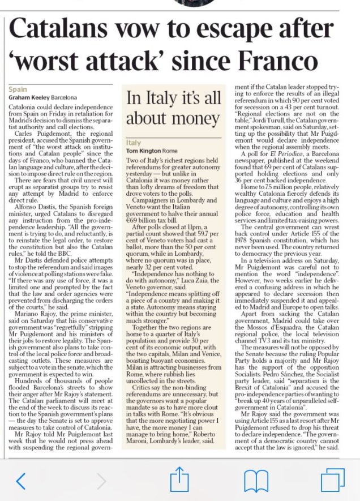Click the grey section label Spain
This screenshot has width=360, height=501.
pyautogui.click(x=18, y=89)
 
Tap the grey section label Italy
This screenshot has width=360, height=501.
pyautogui.click(x=134, y=143)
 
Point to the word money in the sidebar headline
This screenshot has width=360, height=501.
pyautogui.click(x=187, y=119)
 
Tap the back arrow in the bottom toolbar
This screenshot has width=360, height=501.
pyautogui.click(x=21, y=481)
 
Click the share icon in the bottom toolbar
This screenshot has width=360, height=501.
pyautogui.click(x=179, y=480)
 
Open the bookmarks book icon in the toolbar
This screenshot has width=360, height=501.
pyautogui.click(x=255, y=481)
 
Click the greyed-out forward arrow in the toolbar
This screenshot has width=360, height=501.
pyautogui.click(x=101, y=481)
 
